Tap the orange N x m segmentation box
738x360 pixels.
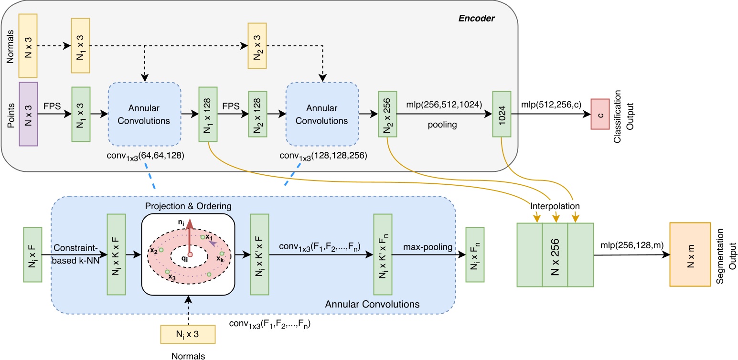(x=690, y=254)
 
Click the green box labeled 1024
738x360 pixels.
(x=502, y=114)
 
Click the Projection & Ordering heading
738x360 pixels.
(x=189, y=207)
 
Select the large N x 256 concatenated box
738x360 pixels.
(x=555, y=254)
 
